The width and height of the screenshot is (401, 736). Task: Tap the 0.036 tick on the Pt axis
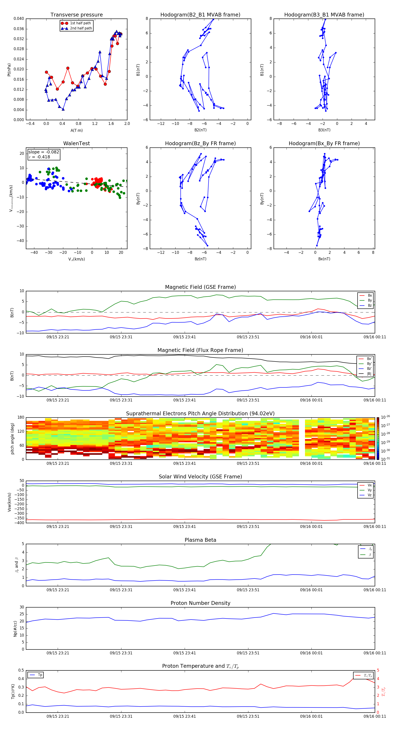(x=19, y=29)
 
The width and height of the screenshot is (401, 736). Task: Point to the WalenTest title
(x=76, y=143)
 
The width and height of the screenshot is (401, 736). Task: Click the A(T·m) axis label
(x=76, y=130)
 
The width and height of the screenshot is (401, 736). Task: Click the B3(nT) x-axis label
(x=324, y=130)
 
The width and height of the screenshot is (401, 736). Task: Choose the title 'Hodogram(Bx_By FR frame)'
(x=324, y=143)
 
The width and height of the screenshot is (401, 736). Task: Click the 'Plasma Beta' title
(x=200, y=540)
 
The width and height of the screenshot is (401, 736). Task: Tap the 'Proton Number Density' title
(x=200, y=603)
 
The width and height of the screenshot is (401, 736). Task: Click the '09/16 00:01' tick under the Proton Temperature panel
(x=311, y=716)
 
